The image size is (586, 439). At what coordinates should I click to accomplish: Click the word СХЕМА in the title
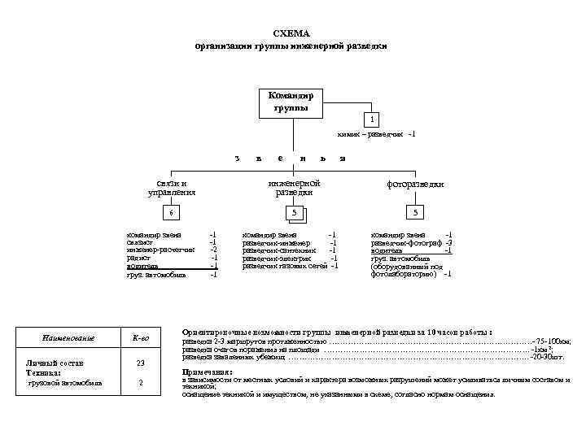(291, 33)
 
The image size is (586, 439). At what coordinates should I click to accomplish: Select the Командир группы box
(291, 102)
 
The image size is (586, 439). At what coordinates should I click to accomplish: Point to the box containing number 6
(170, 213)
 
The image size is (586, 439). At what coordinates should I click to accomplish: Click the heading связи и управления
(171, 188)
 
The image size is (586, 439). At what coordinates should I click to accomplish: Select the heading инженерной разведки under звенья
(293, 188)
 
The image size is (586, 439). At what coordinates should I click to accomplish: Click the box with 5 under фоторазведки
(416, 213)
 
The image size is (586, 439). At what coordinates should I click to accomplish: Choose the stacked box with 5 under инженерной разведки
(298, 214)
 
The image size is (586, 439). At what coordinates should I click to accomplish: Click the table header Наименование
(68, 337)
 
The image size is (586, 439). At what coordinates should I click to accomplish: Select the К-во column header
(141, 337)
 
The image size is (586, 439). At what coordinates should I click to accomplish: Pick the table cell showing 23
(141, 363)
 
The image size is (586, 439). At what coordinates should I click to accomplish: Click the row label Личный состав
(55, 363)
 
